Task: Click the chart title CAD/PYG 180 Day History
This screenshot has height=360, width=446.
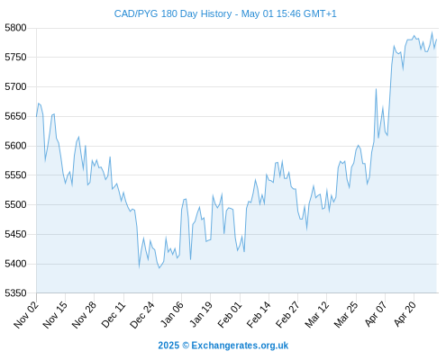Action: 173,13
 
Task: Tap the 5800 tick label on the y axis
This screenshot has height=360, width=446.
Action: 15,28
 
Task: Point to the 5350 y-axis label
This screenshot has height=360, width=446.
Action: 15,292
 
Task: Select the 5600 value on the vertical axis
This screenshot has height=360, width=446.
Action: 15,146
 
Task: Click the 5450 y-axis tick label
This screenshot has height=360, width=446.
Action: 15,234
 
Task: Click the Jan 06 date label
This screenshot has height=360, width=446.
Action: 171,314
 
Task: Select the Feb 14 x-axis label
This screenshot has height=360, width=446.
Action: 259,314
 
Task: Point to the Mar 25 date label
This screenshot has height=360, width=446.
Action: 346,314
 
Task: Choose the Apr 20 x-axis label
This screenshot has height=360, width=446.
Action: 405,313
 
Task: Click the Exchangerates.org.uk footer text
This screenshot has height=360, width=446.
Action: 240,346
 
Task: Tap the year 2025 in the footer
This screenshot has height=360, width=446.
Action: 168,346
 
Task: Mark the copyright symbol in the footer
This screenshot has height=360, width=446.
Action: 186,346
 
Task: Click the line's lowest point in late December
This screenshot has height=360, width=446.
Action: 159,267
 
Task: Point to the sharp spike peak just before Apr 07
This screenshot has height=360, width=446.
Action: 376,89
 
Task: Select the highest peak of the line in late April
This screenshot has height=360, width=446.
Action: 432,32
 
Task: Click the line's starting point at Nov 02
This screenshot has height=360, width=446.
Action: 37,116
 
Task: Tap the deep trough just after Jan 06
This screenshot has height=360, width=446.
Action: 190,259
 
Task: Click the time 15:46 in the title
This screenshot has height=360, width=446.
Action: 288,13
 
